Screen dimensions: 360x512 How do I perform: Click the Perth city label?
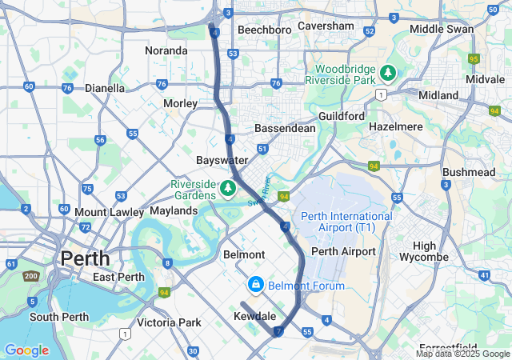pyautogui.click(x=80, y=259)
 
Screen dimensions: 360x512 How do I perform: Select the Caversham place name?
pyautogui.click(x=326, y=26)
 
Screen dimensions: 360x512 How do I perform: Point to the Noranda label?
pyautogui.click(x=166, y=50)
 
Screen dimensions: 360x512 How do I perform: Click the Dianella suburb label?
pyautogui.click(x=105, y=88)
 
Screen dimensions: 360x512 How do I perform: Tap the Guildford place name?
pyautogui.click(x=342, y=116)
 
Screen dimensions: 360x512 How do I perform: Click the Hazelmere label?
pyautogui.click(x=396, y=126)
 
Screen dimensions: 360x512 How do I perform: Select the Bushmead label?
pyautogui.click(x=469, y=172)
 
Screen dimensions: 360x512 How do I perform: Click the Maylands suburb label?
pyautogui.click(x=174, y=210)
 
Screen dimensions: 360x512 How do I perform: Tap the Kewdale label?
pyautogui.click(x=254, y=316)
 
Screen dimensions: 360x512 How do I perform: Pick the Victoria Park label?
pyautogui.click(x=168, y=323)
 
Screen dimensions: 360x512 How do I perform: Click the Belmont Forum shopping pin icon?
pyautogui.click(x=255, y=285)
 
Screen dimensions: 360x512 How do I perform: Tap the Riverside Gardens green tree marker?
pyautogui.click(x=228, y=187)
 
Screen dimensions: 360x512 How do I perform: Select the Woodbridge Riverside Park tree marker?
pyautogui.click(x=388, y=74)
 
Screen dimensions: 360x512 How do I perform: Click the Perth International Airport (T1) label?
pyautogui.click(x=346, y=222)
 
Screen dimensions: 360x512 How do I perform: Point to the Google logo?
pyautogui.click(x=26, y=350)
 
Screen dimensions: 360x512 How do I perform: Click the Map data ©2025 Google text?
pyautogui.click(x=462, y=354)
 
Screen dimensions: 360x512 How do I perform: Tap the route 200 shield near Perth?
pyautogui.click(x=31, y=276)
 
